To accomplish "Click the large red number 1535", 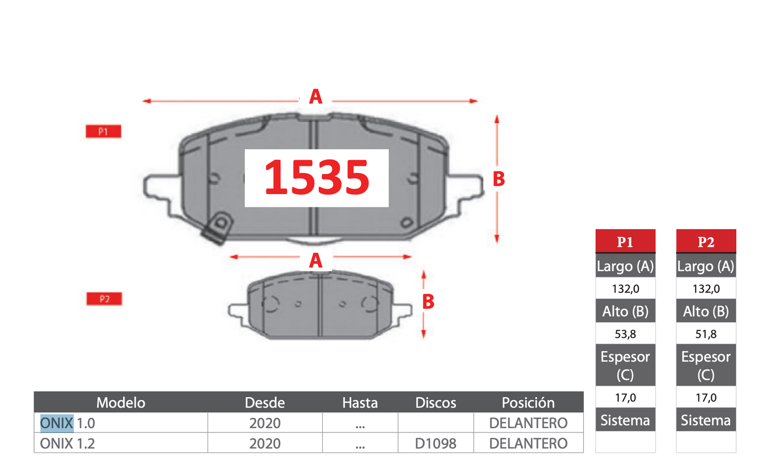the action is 316,178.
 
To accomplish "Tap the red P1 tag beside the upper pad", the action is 104,131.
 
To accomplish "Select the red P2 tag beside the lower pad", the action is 104,299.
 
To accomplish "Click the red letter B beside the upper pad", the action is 499,179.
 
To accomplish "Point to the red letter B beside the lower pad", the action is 428,302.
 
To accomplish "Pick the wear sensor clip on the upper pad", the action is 218,228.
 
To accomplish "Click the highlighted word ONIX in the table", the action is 57,423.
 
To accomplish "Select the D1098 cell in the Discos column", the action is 435,444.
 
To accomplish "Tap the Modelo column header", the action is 121,403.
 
